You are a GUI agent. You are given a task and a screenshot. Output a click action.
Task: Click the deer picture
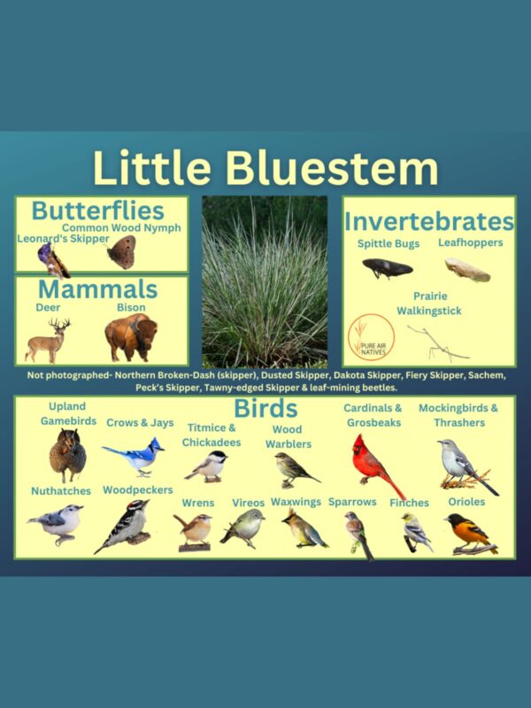tap(48, 340)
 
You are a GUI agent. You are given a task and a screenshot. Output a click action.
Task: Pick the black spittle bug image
tap(387, 267)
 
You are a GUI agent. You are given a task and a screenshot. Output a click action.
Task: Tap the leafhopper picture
tap(466, 269)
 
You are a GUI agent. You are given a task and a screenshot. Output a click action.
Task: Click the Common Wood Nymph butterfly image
tap(120, 252)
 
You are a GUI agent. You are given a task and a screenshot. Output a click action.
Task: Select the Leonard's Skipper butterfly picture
tap(51, 259)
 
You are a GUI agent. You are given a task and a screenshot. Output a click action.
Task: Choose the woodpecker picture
tap(124, 527)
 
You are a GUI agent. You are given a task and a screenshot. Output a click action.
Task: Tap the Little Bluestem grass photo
tap(265, 282)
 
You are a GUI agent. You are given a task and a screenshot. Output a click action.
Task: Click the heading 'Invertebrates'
tap(429, 220)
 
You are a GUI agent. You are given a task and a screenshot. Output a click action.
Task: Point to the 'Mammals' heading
tap(97, 289)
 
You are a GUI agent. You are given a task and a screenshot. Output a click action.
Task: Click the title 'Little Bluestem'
tap(265, 168)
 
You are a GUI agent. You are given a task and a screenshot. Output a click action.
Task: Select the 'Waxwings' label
tap(296, 502)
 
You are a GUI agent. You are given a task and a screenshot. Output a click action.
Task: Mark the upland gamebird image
tap(67, 455)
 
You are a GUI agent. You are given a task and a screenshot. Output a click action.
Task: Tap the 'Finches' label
tap(409, 503)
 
